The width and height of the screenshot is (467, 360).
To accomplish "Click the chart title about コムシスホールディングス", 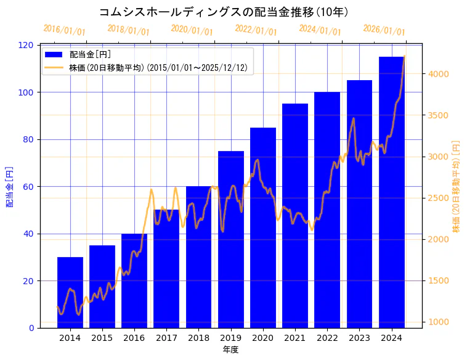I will [x=224, y=12].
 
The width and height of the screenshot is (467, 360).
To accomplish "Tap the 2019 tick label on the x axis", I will [x=230, y=338].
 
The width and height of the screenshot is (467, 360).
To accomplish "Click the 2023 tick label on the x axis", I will [x=359, y=338].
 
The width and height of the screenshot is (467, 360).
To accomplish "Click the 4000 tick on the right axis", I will [x=439, y=74].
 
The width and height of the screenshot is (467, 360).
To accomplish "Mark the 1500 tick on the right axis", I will [x=439, y=280].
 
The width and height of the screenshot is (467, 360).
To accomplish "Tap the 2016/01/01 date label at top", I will [x=65, y=30].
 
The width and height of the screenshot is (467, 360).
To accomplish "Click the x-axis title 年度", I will [x=230, y=350].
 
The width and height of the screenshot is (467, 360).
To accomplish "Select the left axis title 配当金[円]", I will [x=10, y=186].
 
